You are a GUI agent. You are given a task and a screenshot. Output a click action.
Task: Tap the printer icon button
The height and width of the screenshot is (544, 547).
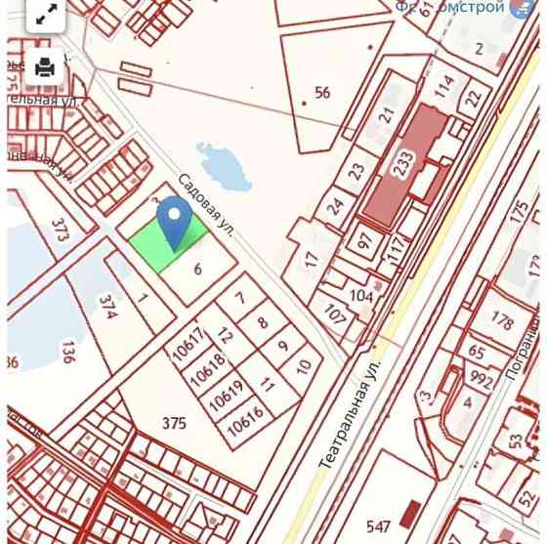pyautogui.click(x=45, y=67)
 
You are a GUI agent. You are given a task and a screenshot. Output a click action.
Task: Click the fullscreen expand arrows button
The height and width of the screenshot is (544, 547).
pyautogui.click(x=45, y=16)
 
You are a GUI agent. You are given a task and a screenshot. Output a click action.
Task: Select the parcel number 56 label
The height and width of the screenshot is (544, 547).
pyautogui.click(x=322, y=93)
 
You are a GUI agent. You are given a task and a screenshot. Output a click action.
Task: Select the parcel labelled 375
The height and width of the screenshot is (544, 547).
pyautogui.click(x=174, y=423)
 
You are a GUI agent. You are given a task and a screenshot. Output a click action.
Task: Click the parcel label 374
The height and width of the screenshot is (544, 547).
pyautogui.click(x=108, y=308)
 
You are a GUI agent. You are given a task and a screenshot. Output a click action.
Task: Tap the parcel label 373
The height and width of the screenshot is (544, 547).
pyautogui.click(x=62, y=230)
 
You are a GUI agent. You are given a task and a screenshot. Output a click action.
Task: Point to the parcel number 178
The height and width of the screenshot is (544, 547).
pyautogui.click(x=503, y=321)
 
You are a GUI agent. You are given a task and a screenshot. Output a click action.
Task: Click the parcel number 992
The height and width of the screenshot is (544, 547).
pyautogui.click(x=481, y=378)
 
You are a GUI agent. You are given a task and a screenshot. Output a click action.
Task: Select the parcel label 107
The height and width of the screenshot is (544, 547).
pyautogui.click(x=335, y=315)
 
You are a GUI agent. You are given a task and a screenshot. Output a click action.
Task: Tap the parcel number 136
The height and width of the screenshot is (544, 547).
pyautogui.click(x=67, y=352)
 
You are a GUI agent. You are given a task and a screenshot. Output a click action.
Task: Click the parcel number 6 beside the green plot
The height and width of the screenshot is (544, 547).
pyautogui.click(x=197, y=271)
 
